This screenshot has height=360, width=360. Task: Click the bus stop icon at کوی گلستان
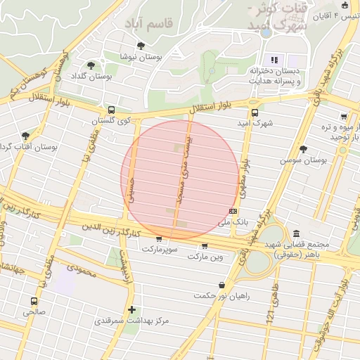pyautogui.click(x=112, y=110)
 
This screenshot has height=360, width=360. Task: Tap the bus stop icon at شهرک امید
pyautogui.click(x=254, y=112)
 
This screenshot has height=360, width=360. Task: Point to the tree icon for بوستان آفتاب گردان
pyautogui.click(x=26, y=135)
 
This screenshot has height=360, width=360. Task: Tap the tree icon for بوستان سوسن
pyautogui.click(x=303, y=149)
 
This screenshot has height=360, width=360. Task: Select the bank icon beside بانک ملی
pyautogui.click(x=233, y=211)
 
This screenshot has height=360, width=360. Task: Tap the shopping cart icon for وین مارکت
pyautogui.click(x=204, y=246)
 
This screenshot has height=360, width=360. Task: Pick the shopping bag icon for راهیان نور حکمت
pyautogui.click(x=222, y=285)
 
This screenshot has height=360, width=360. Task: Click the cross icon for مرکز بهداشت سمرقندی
pyautogui.click(x=131, y=309)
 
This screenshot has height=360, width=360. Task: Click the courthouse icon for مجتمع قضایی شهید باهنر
pyautogui.click(x=296, y=233)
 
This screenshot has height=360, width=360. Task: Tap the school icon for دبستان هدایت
pyautogui.click(x=274, y=60)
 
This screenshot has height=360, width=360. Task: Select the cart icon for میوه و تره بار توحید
pyautogui.click(x=343, y=117)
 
